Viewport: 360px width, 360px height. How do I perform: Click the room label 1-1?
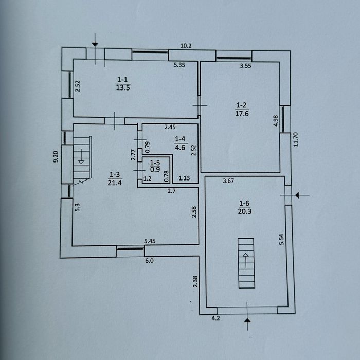coord(122,80)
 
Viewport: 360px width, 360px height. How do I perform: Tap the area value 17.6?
coord(242,114)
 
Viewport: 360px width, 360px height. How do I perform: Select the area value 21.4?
coord(115,183)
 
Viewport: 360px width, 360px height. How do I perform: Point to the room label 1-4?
coord(180,139)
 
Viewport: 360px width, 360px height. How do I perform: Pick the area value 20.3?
coord(244,211)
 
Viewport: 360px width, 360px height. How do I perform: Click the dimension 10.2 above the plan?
coord(186,46)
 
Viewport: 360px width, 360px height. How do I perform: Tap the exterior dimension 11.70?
coord(296,139)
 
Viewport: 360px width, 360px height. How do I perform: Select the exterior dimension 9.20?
coord(56,156)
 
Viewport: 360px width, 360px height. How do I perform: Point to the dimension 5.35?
coord(179,65)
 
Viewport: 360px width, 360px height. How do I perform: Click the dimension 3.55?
coord(246,66)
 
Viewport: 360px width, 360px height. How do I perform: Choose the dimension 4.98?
coord(276,120)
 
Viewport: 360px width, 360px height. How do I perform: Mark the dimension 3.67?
coord(228,181)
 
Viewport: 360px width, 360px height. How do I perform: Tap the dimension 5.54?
coord(281,239)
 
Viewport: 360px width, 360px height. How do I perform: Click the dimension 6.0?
coord(149,261)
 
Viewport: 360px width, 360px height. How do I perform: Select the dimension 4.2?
coord(215,318)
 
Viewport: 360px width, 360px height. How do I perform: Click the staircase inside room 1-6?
coord(246,263)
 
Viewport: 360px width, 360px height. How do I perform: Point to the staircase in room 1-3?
coord(82,160)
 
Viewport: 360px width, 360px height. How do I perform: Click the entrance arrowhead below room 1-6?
coord(247,320)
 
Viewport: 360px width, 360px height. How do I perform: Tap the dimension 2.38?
coord(195,281)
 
